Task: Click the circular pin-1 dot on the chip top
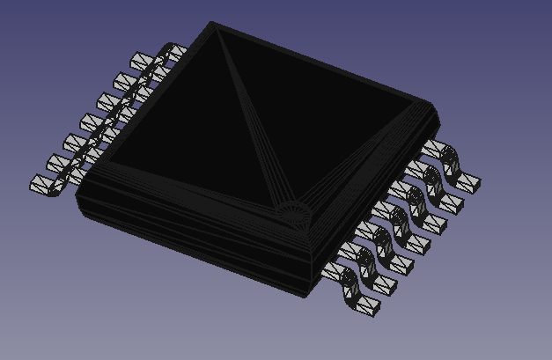coord(289,212)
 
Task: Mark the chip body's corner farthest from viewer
coord(213,24)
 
